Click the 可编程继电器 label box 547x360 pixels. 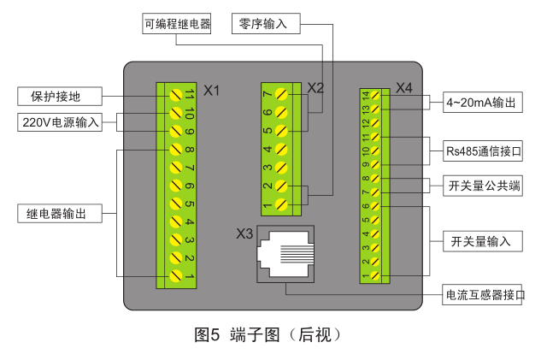click(175, 23)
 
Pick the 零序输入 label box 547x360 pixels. click(265, 23)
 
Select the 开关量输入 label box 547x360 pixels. click(480, 242)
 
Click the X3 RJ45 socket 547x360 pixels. click(286, 254)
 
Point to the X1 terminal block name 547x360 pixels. click(212, 90)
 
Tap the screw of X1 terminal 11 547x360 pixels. click(177, 94)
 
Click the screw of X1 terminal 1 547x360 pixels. click(177, 275)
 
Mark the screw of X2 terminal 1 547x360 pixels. click(282, 205)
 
